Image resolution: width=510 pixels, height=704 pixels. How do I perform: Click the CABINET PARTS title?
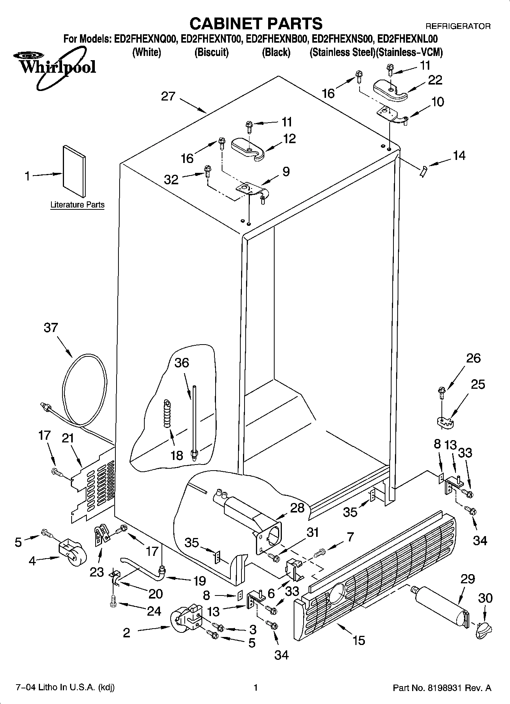click(x=256, y=24)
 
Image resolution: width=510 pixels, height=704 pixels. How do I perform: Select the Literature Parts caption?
click(x=77, y=205)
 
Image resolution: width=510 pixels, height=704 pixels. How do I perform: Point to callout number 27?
click(x=168, y=96)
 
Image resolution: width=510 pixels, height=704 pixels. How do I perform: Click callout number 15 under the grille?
click(x=358, y=640)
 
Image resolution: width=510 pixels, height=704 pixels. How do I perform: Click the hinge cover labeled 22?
click(x=390, y=91)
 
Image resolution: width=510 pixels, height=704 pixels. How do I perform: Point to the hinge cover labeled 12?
click(x=248, y=148)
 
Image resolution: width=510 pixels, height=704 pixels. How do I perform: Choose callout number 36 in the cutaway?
click(x=182, y=363)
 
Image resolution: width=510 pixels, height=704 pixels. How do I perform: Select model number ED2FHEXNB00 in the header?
click(x=277, y=39)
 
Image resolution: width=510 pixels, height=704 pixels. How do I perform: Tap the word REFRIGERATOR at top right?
click(x=457, y=26)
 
